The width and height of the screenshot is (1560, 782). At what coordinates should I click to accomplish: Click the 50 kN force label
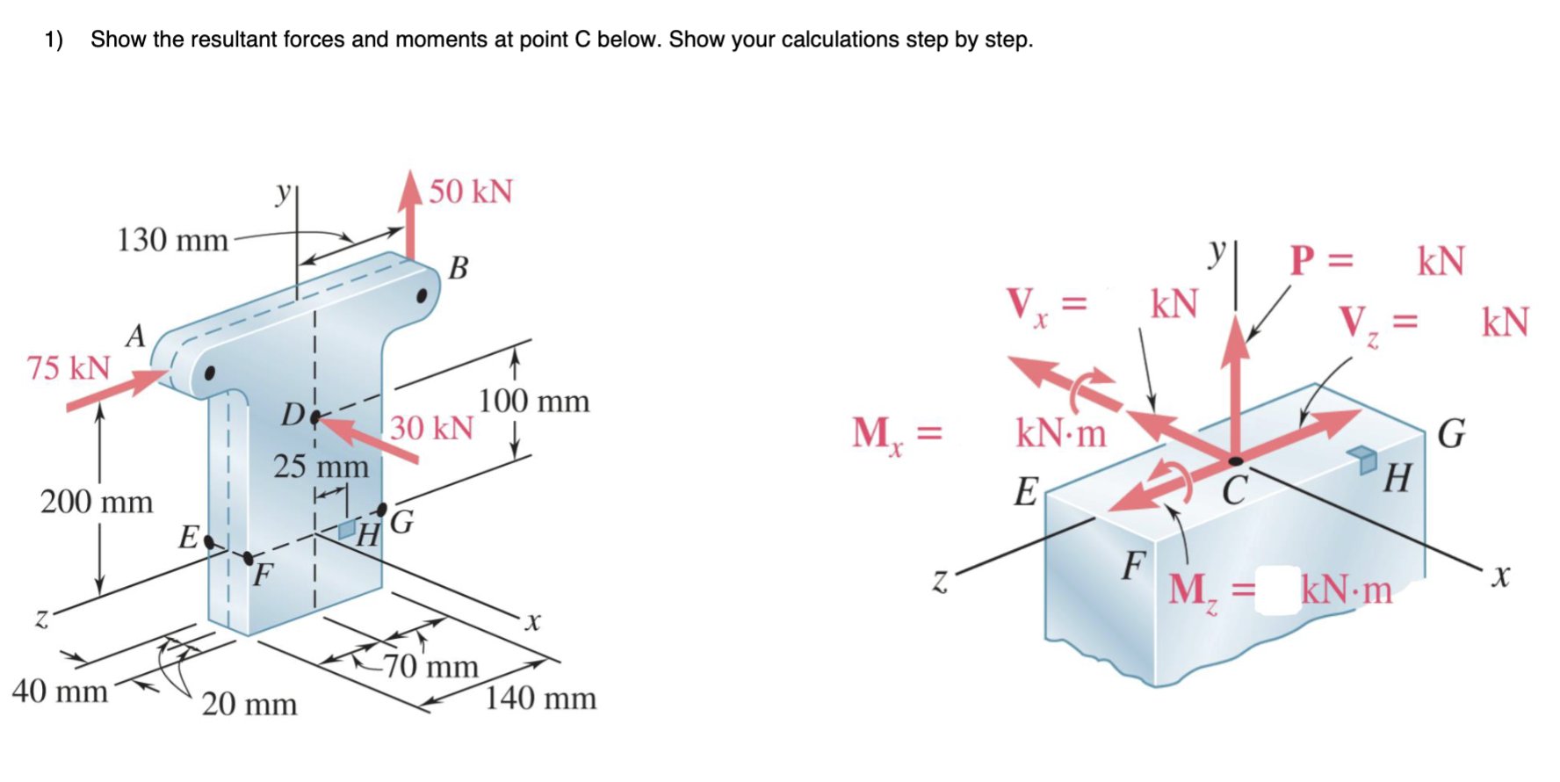coord(471,192)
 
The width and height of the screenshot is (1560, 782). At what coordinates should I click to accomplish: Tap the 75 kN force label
coord(69,367)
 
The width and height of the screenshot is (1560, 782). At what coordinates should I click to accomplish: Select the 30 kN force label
coord(431,428)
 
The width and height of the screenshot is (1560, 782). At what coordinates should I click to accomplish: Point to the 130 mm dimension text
coord(172,239)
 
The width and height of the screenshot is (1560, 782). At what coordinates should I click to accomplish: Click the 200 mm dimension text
coord(97,502)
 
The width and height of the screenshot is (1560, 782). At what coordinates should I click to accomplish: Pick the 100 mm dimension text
coord(534,401)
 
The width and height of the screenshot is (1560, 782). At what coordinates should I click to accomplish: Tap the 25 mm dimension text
coord(321,466)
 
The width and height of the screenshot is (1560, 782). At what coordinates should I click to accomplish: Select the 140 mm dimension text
coord(540,699)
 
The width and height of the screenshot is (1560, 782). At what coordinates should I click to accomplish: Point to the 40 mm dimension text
coord(60,691)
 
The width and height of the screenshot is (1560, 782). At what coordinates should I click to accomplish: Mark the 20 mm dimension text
coord(249,704)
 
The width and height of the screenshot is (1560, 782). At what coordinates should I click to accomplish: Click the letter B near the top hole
coord(459,267)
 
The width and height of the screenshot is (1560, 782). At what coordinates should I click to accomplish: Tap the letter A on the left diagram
coord(135,336)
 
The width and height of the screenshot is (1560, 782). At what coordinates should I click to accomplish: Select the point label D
coord(292,414)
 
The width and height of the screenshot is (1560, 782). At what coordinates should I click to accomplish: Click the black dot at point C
coord(1236,460)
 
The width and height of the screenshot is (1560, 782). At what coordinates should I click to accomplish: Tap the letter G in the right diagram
coord(1451,434)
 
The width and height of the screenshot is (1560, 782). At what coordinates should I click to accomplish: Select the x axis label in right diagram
coord(1500,576)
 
